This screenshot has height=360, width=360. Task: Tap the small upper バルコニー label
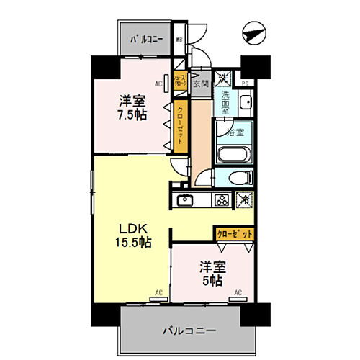146,40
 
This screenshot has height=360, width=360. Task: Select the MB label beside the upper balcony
180,40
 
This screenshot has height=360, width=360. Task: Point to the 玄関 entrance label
201,84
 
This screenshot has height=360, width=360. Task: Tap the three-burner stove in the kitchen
222,200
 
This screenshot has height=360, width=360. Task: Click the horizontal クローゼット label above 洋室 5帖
234,234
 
